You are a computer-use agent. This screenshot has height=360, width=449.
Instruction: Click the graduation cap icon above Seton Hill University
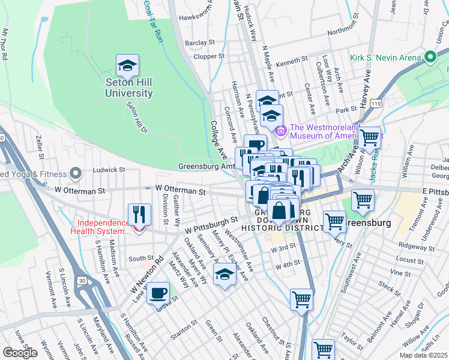coord(127,65)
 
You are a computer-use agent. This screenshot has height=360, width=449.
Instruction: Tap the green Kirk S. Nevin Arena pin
coord(430,58)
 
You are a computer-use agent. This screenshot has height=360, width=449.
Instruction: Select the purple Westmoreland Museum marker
coord(280,130)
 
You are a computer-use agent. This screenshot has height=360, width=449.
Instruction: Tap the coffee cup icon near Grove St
coord(158,293)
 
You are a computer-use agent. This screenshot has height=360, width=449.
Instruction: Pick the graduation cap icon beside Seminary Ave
coord(224,275)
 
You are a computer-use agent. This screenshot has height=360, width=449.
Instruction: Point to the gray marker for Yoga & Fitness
coord(76,174)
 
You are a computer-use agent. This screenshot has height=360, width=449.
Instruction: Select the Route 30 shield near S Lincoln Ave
coord(86,280)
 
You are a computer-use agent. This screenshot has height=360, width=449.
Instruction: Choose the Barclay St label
coord(199,43)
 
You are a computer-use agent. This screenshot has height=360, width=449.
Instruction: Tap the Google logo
coord(20,353)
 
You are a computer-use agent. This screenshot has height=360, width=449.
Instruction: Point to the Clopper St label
coord(209,56)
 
